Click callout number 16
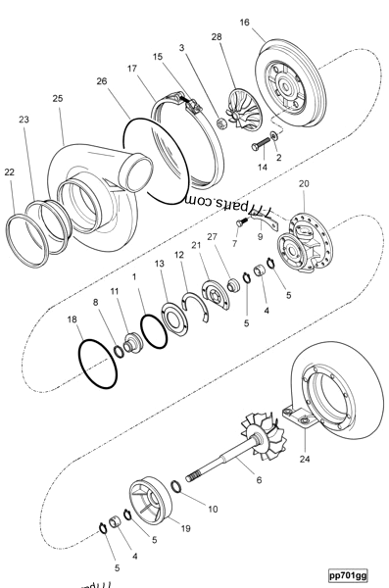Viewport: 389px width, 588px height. [244, 21]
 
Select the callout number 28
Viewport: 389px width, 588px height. [216, 36]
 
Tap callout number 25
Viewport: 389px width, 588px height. [57, 99]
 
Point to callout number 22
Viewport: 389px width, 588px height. [9, 171]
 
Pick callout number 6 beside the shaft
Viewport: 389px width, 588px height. [259, 481]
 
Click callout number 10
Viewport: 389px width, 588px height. [213, 509]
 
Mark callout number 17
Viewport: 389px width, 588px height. [131, 70]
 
